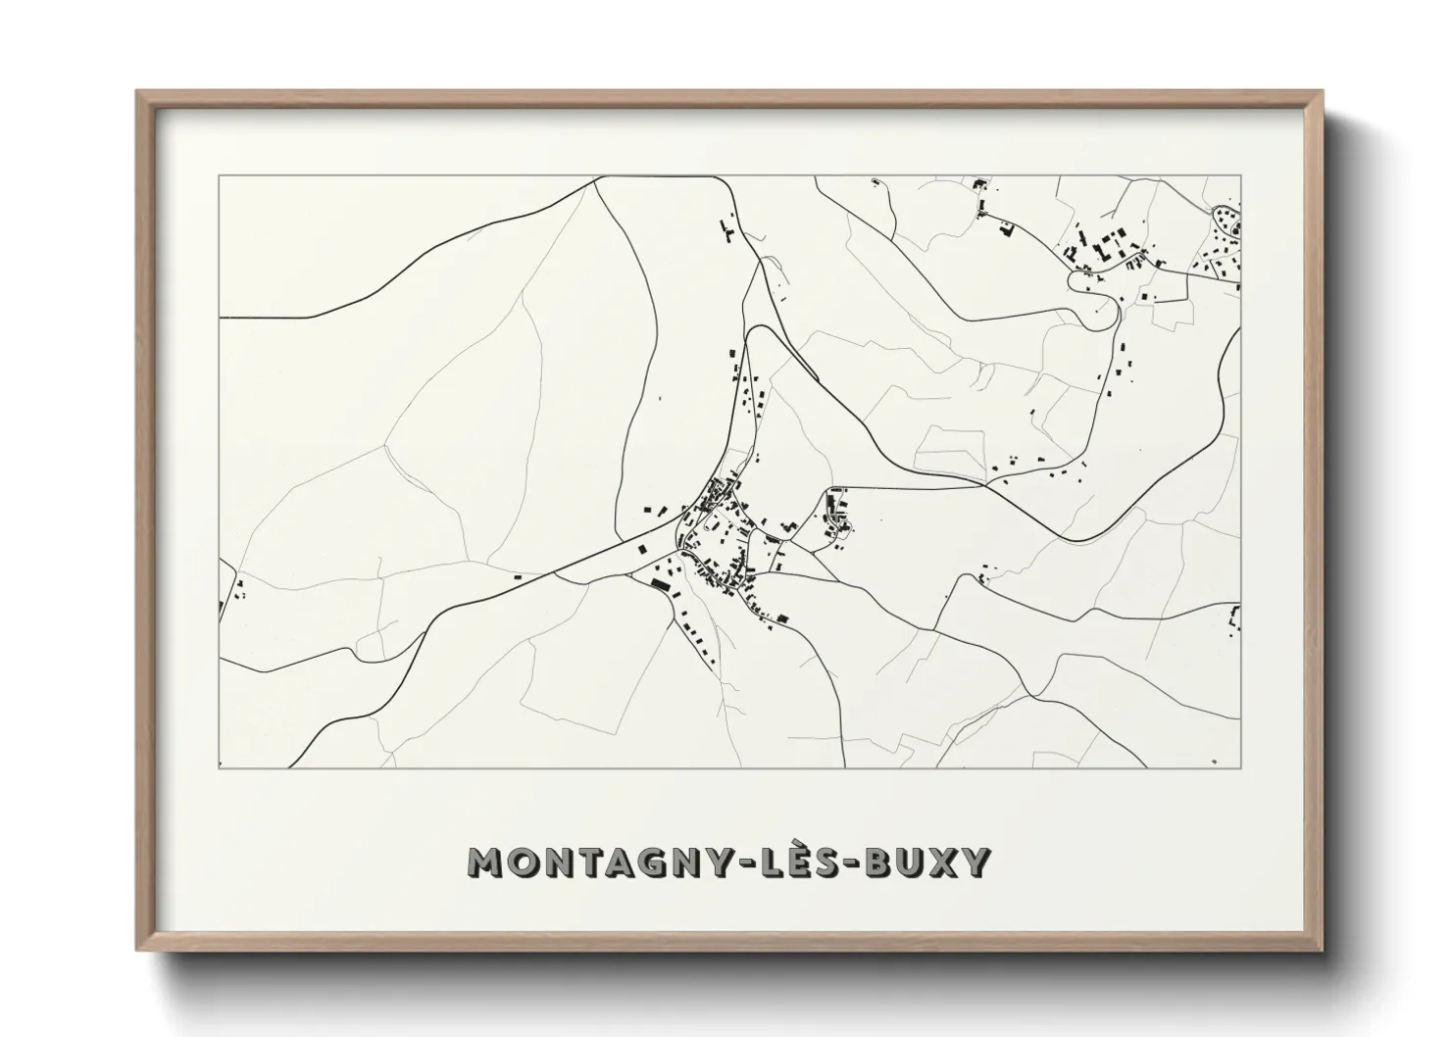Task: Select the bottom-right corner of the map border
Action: tap(1240, 768)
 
